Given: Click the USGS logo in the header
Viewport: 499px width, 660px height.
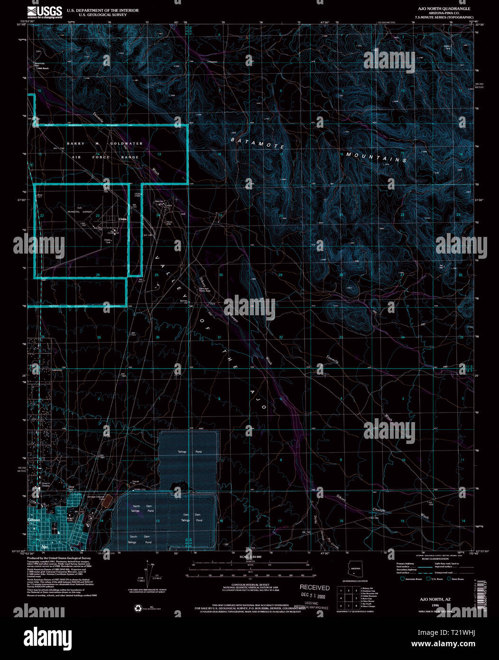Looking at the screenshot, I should (45, 12).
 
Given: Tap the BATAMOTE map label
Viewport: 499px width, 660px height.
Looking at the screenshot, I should (258, 142).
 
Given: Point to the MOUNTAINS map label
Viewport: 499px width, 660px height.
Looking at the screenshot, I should (376, 157).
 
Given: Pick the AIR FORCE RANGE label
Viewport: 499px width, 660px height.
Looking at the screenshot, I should (105, 157).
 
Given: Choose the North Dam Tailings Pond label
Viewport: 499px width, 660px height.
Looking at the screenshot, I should (143, 509).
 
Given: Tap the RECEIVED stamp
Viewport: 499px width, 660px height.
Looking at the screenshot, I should (314, 588).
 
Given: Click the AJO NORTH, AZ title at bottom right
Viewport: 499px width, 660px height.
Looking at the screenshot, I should (433, 600).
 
